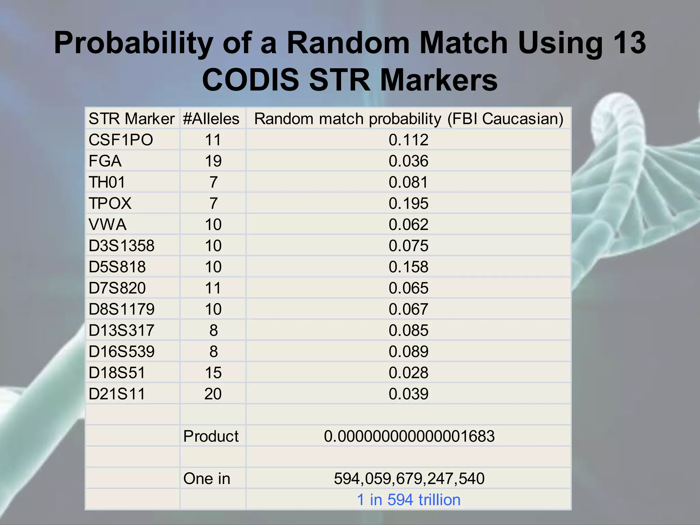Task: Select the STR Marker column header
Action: pos(132,119)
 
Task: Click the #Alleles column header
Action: pos(211,119)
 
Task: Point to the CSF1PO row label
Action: pos(121,140)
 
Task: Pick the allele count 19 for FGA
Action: pos(213,161)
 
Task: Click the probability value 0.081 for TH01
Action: pos(408,183)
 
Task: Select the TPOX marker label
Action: pos(110,204)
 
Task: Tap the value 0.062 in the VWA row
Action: pos(408,225)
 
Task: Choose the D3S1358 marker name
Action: pos(121,246)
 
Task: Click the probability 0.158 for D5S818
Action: pos(408,267)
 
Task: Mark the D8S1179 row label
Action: pos(121,310)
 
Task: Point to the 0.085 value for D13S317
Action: pos(408,331)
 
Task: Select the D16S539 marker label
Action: pos(121,352)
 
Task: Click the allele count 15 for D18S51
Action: pos(213,373)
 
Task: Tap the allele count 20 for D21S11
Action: pos(213,394)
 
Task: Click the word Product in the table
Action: pos(211,436)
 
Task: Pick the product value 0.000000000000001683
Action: pos(409,436)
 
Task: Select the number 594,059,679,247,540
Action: pos(409,479)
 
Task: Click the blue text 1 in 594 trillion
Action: pos(409,500)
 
